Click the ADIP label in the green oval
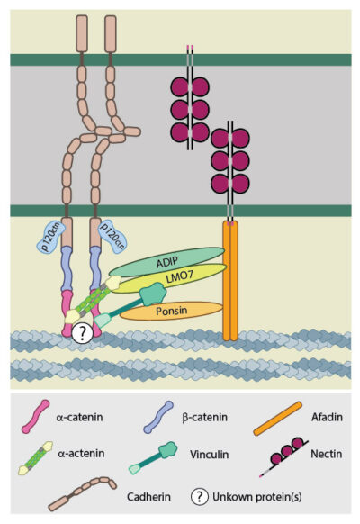166,260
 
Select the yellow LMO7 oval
189,280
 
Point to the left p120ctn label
50,239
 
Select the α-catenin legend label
87,417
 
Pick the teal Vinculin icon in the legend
154,458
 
